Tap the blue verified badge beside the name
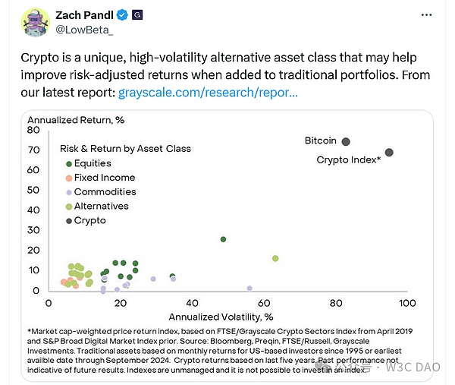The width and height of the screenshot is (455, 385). pyautogui.click(x=121, y=14)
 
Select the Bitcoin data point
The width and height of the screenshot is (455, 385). pyautogui.click(x=346, y=142)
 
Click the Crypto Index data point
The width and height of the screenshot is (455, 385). pyautogui.click(x=389, y=153)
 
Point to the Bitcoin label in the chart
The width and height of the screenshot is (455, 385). pyautogui.click(x=320, y=141)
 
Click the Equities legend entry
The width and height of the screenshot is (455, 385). pyautogui.click(x=93, y=163)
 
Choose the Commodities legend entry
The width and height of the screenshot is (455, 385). pyautogui.click(x=105, y=192)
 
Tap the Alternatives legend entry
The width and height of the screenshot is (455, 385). pyautogui.click(x=101, y=207)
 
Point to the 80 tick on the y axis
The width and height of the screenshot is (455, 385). pyautogui.click(x=34, y=131)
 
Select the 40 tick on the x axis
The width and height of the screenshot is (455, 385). pyautogui.click(x=191, y=303)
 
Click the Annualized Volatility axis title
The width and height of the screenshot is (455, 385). pyautogui.click(x=220, y=316)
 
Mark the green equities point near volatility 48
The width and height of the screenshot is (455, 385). pyautogui.click(x=223, y=239)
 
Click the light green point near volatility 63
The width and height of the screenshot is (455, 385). pyautogui.click(x=275, y=259)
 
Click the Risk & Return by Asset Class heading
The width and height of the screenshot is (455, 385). pyautogui.click(x=125, y=149)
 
